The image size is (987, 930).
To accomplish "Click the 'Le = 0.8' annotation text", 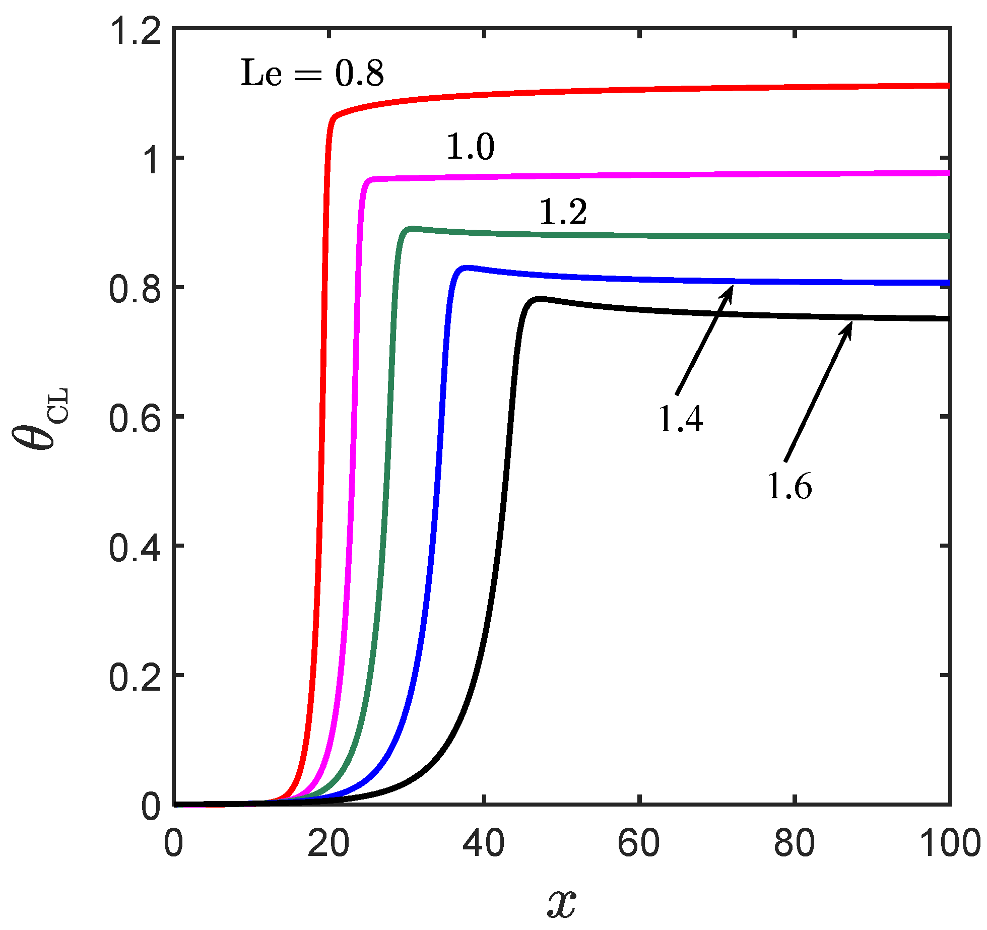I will (x=312, y=74).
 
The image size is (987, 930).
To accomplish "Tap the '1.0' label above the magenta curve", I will (x=470, y=148).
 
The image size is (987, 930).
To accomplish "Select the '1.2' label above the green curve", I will (x=563, y=212).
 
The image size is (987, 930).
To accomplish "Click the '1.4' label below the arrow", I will (x=680, y=419).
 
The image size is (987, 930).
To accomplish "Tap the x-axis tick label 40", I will (x=484, y=843).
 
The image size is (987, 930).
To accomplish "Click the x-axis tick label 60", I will (x=639, y=843).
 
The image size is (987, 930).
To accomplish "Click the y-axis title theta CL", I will (x=40, y=418).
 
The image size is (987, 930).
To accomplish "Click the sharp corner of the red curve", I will (x=334, y=117).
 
